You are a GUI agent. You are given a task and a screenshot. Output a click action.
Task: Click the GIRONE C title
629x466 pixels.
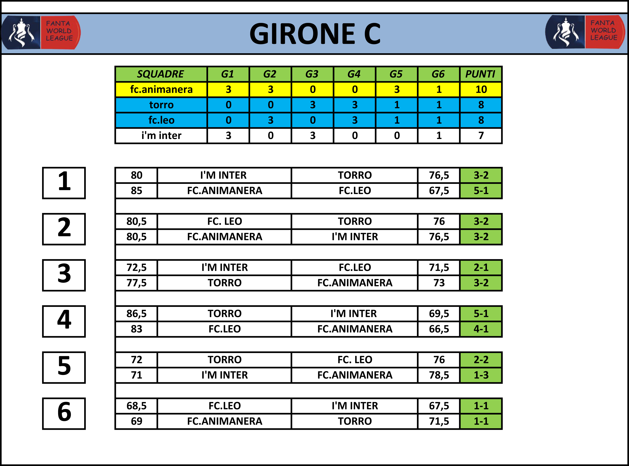tap(315, 34)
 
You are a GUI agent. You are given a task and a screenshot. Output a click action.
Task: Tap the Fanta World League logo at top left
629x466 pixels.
tap(41, 33)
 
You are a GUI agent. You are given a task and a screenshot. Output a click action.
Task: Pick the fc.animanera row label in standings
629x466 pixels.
tap(161, 89)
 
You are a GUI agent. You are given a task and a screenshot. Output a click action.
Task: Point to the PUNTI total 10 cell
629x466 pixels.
tap(481, 89)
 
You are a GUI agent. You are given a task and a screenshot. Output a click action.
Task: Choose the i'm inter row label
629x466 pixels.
tap(161, 136)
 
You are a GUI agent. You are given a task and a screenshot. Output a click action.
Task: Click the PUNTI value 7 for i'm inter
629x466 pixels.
tap(481, 136)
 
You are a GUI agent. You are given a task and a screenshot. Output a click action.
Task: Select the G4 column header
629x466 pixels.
tap(355, 74)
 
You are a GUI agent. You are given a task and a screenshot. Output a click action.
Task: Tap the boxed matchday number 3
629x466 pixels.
tap(64, 275)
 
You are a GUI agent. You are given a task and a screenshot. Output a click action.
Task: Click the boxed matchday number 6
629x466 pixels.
tap(64, 414)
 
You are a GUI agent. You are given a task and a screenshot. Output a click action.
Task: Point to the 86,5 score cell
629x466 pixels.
tap(136, 314)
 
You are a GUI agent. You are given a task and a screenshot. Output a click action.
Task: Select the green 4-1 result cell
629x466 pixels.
tap(481, 329)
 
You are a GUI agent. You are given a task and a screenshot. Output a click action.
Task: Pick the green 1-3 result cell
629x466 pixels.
tap(481, 375)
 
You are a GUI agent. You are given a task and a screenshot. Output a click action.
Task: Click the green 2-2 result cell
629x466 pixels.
tap(481, 360)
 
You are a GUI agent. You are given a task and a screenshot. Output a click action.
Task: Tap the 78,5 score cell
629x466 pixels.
tap(439, 375)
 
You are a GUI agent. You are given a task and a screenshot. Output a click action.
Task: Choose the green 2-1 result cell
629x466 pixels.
tap(481, 267)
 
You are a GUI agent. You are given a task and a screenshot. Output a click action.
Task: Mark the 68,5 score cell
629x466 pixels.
tap(136, 406)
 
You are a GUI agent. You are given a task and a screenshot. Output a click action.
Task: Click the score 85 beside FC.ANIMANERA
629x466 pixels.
tap(136, 191)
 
